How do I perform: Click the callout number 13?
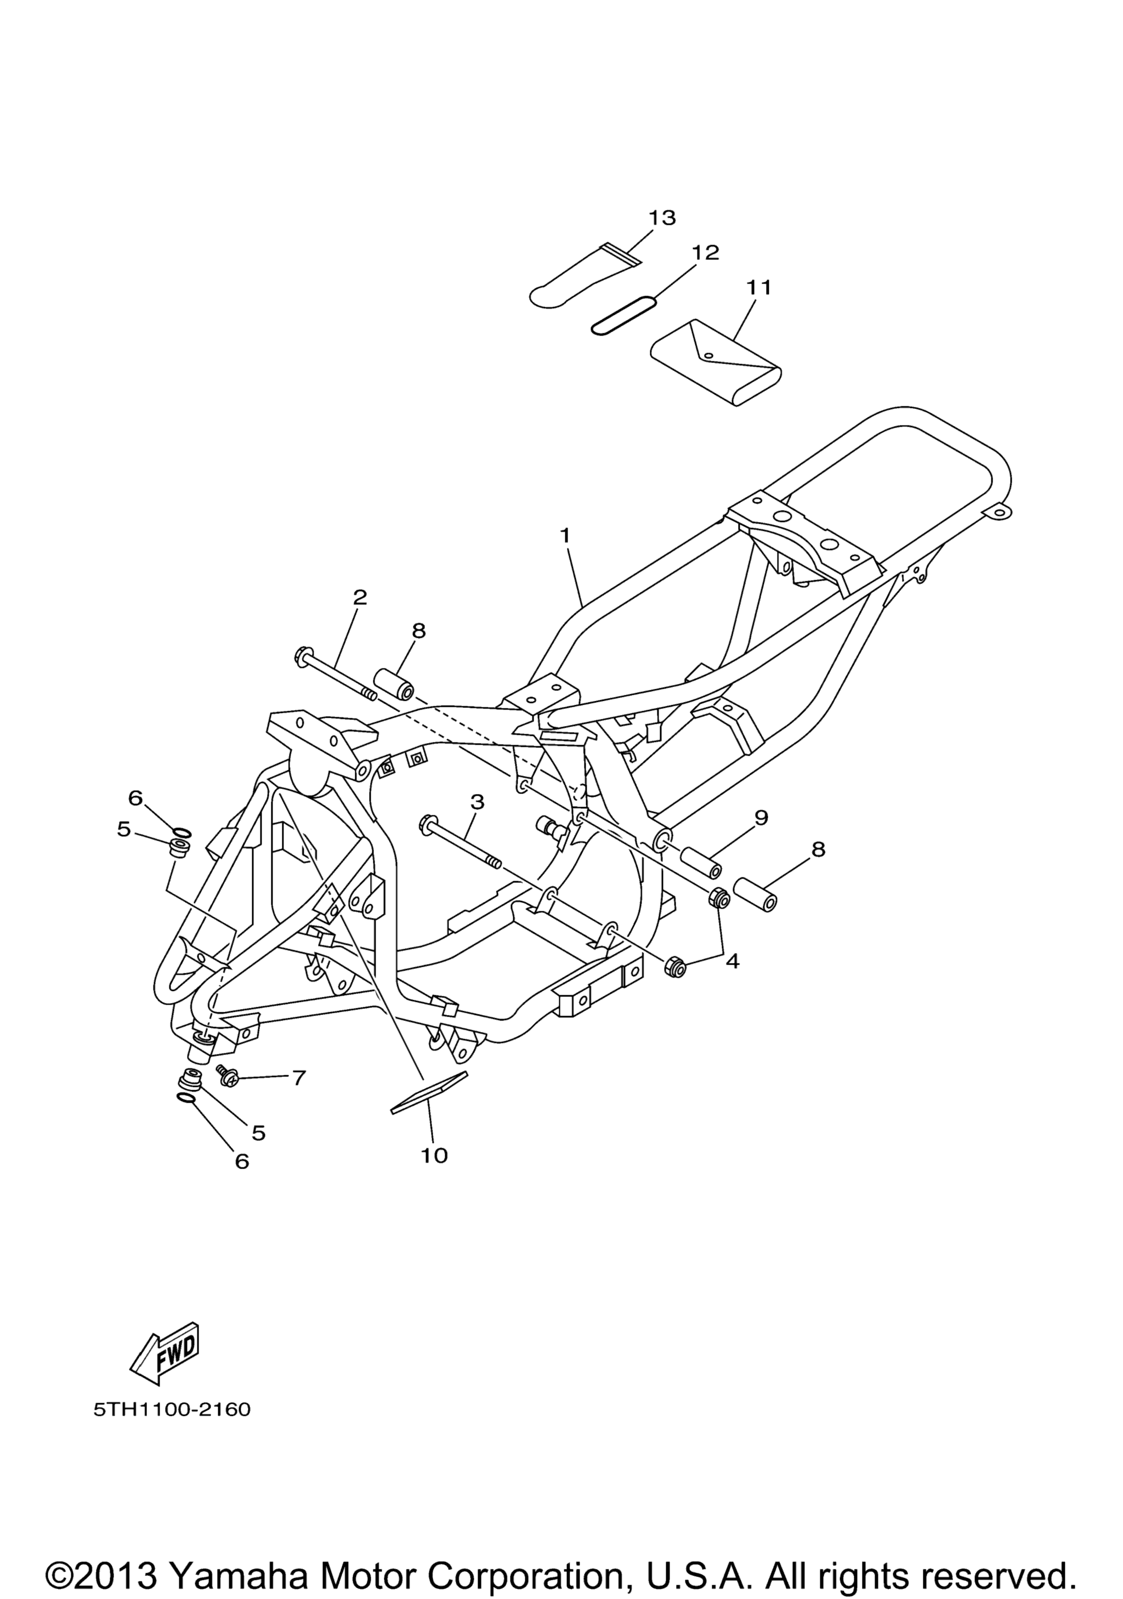pyautogui.click(x=662, y=218)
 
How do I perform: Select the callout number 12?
pyautogui.click(x=705, y=252)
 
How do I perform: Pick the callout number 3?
pyautogui.click(x=477, y=802)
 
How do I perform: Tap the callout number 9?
pyautogui.click(x=761, y=817)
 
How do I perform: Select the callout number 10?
pyautogui.click(x=434, y=1155)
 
